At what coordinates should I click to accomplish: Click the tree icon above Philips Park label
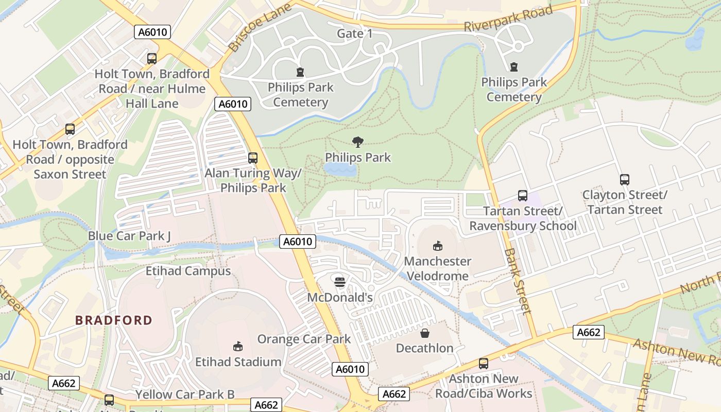point(357,142)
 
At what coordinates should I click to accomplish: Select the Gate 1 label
point(354,33)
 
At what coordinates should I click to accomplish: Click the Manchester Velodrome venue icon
point(438,246)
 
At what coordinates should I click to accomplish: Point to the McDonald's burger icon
point(339,282)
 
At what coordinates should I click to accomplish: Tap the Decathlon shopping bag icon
point(425,333)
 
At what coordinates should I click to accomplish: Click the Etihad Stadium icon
point(238,346)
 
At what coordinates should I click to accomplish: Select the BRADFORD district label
point(114,320)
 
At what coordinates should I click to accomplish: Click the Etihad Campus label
point(188,271)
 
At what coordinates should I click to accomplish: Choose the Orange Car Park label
point(304,339)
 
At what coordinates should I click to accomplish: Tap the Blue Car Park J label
point(129,236)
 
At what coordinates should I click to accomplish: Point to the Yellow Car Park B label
point(185,394)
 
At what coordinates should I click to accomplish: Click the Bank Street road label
point(517,281)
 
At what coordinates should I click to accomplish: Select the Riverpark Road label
point(508,19)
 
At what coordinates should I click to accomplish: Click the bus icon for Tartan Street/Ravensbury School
point(522,196)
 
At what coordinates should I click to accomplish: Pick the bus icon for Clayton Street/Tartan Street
point(624,180)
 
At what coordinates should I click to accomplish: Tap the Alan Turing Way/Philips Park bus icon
point(252,158)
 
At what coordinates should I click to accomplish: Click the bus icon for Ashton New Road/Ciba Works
point(483,364)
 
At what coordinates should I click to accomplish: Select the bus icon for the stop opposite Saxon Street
point(70,129)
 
